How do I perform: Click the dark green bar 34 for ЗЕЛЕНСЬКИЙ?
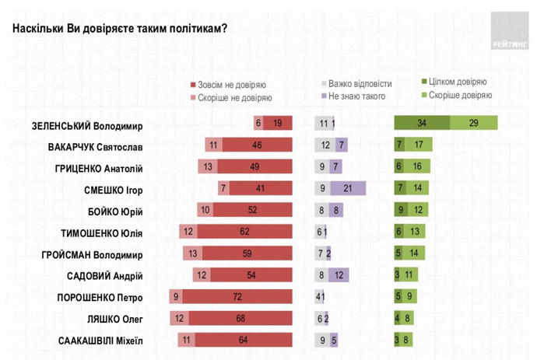tap(422, 123)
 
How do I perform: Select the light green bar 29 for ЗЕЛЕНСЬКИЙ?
tap(474, 123)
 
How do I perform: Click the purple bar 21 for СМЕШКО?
tap(347, 188)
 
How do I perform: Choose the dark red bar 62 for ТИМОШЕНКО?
tap(244, 232)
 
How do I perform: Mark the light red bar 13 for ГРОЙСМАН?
tap(192, 253)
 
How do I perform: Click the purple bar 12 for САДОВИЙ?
tap(339, 275)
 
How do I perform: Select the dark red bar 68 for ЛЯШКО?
tap(240, 319)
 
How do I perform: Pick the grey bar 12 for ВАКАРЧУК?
tap(325, 145)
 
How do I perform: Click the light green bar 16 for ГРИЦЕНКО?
tap(417, 166)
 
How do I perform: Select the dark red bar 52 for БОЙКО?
tap(252, 210)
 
